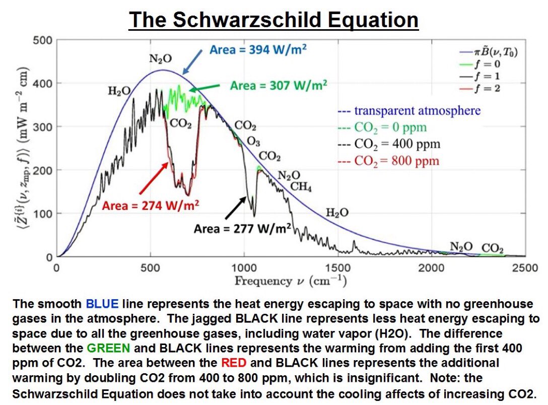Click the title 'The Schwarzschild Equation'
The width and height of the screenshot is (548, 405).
[274, 20]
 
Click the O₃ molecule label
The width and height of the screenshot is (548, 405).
[253, 141]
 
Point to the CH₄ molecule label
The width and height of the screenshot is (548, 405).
[301, 187]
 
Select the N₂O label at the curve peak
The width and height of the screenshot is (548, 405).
[160, 59]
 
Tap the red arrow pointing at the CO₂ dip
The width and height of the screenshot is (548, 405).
[153, 179]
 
